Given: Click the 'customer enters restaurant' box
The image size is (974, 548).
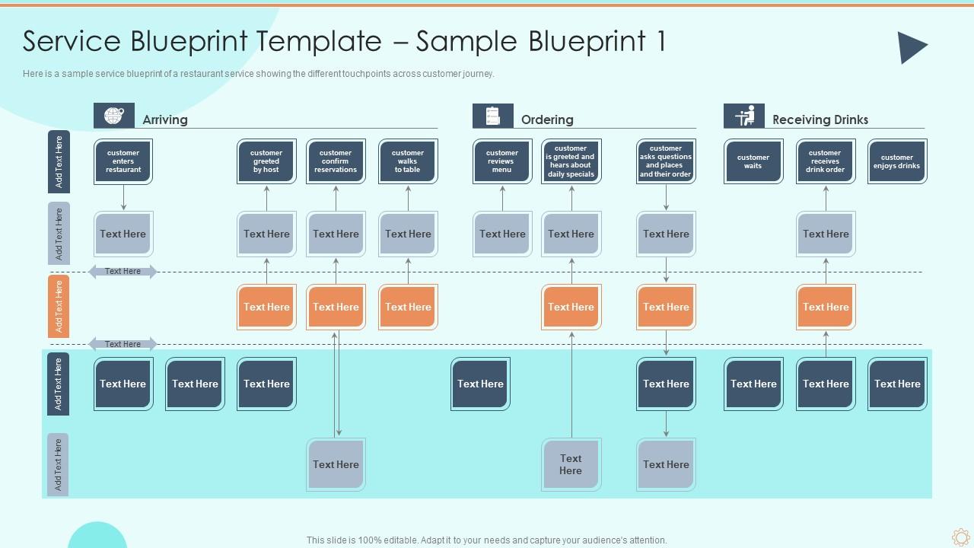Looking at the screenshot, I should pyautogui.click(x=123, y=161).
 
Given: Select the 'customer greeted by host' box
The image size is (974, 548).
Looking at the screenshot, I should pyautogui.click(x=266, y=161).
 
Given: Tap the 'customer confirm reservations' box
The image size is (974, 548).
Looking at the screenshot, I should pyautogui.click(x=336, y=161).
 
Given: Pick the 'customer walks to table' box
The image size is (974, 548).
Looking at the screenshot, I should pyautogui.click(x=408, y=161).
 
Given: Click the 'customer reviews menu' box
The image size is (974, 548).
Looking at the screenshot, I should pyautogui.click(x=502, y=161).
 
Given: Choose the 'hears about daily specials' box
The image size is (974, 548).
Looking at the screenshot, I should pyautogui.click(x=571, y=161).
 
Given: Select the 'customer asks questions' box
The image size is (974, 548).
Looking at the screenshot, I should pyautogui.click(x=666, y=161).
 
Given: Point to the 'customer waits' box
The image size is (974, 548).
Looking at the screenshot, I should pyautogui.click(x=753, y=161).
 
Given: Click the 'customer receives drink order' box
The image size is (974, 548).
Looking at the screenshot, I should pyautogui.click(x=825, y=161).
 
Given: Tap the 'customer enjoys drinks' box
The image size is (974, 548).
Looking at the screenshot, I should pyautogui.click(x=897, y=161).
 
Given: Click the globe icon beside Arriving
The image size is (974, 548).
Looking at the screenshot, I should pyautogui.click(x=114, y=116).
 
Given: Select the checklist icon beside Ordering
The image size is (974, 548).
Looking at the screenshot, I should pyautogui.click(x=493, y=116).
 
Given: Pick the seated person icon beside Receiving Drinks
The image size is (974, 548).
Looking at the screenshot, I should pyautogui.click(x=744, y=116).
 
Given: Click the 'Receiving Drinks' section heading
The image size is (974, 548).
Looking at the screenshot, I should pyautogui.click(x=820, y=119).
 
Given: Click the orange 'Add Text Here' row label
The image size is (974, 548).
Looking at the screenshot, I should pyautogui.click(x=59, y=306).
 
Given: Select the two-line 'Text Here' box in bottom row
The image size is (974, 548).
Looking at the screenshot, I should pyautogui.click(x=571, y=464).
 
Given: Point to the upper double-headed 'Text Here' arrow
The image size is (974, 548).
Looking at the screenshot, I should pyautogui.click(x=123, y=272).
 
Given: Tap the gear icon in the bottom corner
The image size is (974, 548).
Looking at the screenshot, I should pyautogui.click(x=960, y=537).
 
